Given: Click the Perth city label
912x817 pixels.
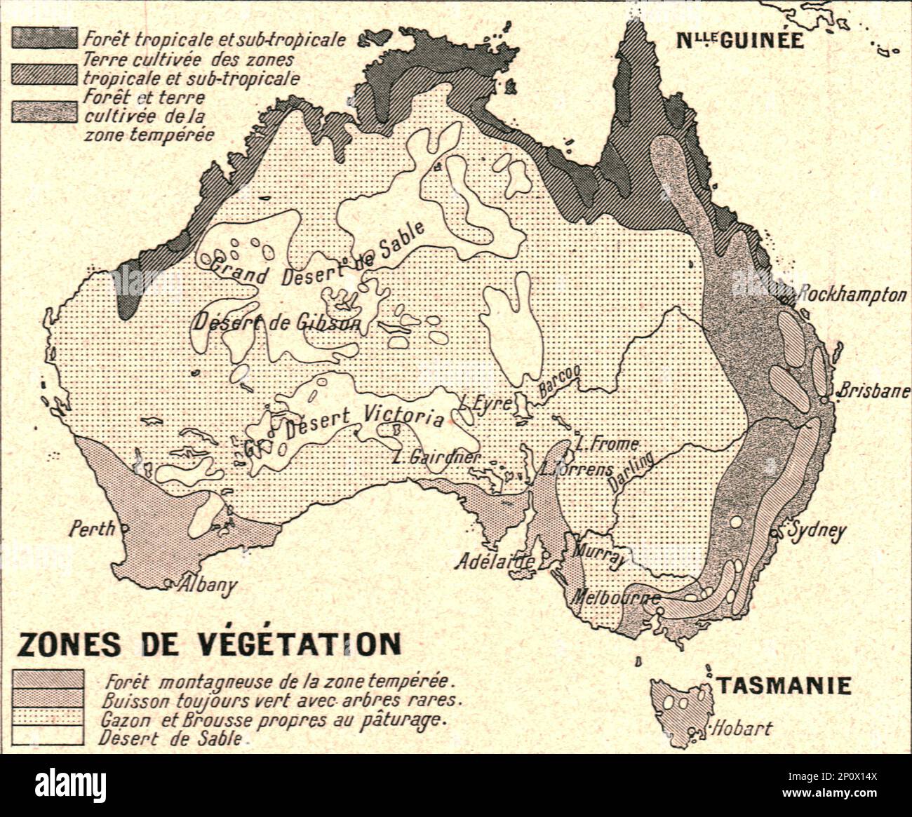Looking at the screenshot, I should [x=91, y=528].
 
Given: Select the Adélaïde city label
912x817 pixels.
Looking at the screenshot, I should [x=495, y=561].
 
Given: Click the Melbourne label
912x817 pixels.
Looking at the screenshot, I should [x=616, y=597].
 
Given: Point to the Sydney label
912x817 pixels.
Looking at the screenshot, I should [x=817, y=532].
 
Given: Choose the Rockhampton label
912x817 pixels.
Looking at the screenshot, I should [x=852, y=294].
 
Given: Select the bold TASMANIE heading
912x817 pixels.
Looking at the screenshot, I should [x=783, y=685].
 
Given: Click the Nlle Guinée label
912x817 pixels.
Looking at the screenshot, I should [x=739, y=40].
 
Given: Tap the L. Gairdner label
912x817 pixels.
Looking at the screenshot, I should [x=436, y=457].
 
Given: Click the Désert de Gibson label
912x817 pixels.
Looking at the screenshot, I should [x=277, y=323].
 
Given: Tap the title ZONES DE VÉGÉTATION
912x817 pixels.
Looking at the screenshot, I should [x=208, y=644].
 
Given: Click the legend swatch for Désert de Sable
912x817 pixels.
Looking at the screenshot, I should [x=48, y=736].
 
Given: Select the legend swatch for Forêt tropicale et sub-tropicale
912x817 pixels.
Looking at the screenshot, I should [x=43, y=38].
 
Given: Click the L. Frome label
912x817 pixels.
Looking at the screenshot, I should [x=607, y=444].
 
